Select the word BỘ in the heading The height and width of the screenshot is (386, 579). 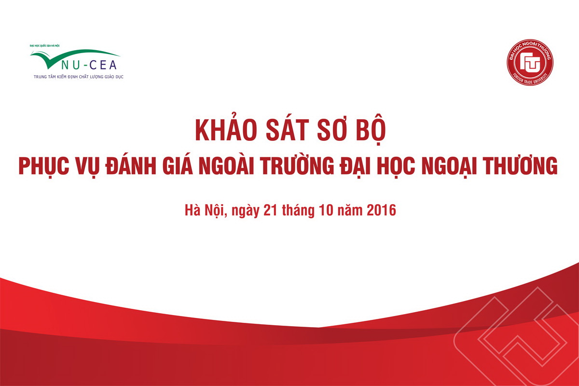click(x=371, y=129)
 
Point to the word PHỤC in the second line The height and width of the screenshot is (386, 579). click(x=44, y=167)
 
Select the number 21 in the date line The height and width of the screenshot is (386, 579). click(x=270, y=210)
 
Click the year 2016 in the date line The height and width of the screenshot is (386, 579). click(x=381, y=210)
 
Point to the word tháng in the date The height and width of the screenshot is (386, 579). click(x=298, y=211)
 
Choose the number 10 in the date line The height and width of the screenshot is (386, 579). click(x=326, y=210)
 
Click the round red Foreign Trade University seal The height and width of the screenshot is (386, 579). click(x=530, y=62)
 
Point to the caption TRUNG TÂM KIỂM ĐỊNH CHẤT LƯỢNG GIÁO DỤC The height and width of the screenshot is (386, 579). click(x=79, y=77)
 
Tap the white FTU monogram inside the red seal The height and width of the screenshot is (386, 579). click(x=530, y=62)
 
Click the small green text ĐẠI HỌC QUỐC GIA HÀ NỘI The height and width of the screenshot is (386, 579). click(x=45, y=46)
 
